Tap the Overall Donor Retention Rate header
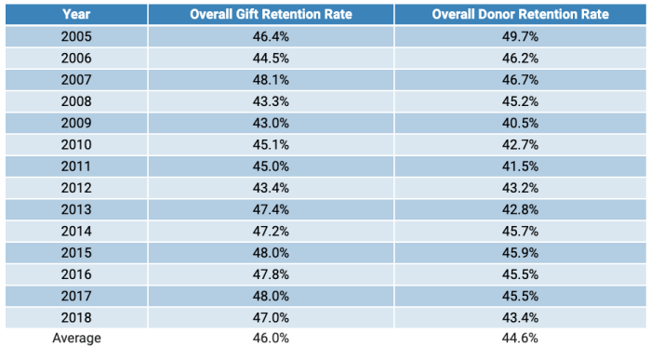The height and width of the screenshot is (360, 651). tap(521, 15)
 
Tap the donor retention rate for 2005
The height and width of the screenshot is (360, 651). tap(521, 37)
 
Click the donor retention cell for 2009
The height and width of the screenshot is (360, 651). tap(521, 123)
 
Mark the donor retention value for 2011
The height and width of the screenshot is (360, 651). tap(521, 166)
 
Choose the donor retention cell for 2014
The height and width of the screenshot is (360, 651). tap(521, 230)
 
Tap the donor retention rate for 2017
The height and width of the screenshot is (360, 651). tap(521, 295)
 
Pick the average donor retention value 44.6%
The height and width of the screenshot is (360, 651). tap(521, 339)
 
